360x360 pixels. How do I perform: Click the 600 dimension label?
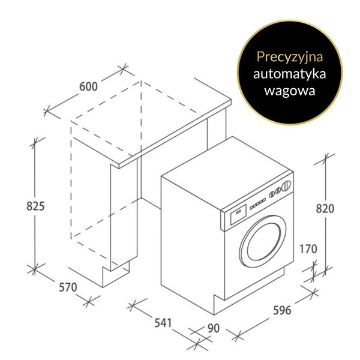pyautogui.click(x=88, y=86)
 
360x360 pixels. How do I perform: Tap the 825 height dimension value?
pyautogui.click(x=35, y=206)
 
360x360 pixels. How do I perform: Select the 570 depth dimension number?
pyautogui.click(x=68, y=287)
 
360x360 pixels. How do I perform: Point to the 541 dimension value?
pyautogui.click(x=163, y=323)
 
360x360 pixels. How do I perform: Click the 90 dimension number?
pyautogui.click(x=214, y=328)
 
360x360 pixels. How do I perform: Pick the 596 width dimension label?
pyautogui.click(x=282, y=310)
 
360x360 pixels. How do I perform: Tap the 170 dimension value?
pyautogui.click(x=308, y=249)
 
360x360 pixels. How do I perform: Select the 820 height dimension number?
pyautogui.click(x=325, y=209)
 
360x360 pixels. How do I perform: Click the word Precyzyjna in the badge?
pyautogui.click(x=290, y=57)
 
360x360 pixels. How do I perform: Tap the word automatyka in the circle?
pyautogui.click(x=290, y=74)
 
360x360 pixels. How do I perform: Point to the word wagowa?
pyautogui.click(x=290, y=91)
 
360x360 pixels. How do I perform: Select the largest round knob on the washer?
pyautogui.click(x=286, y=185)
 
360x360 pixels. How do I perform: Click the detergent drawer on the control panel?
pyautogui.click(x=239, y=214)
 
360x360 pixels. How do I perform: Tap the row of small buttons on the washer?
pyautogui.click(x=257, y=204)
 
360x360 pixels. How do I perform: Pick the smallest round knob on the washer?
pyautogui.click(x=272, y=194)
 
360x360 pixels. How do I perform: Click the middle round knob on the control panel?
pyautogui.click(x=278, y=190)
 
